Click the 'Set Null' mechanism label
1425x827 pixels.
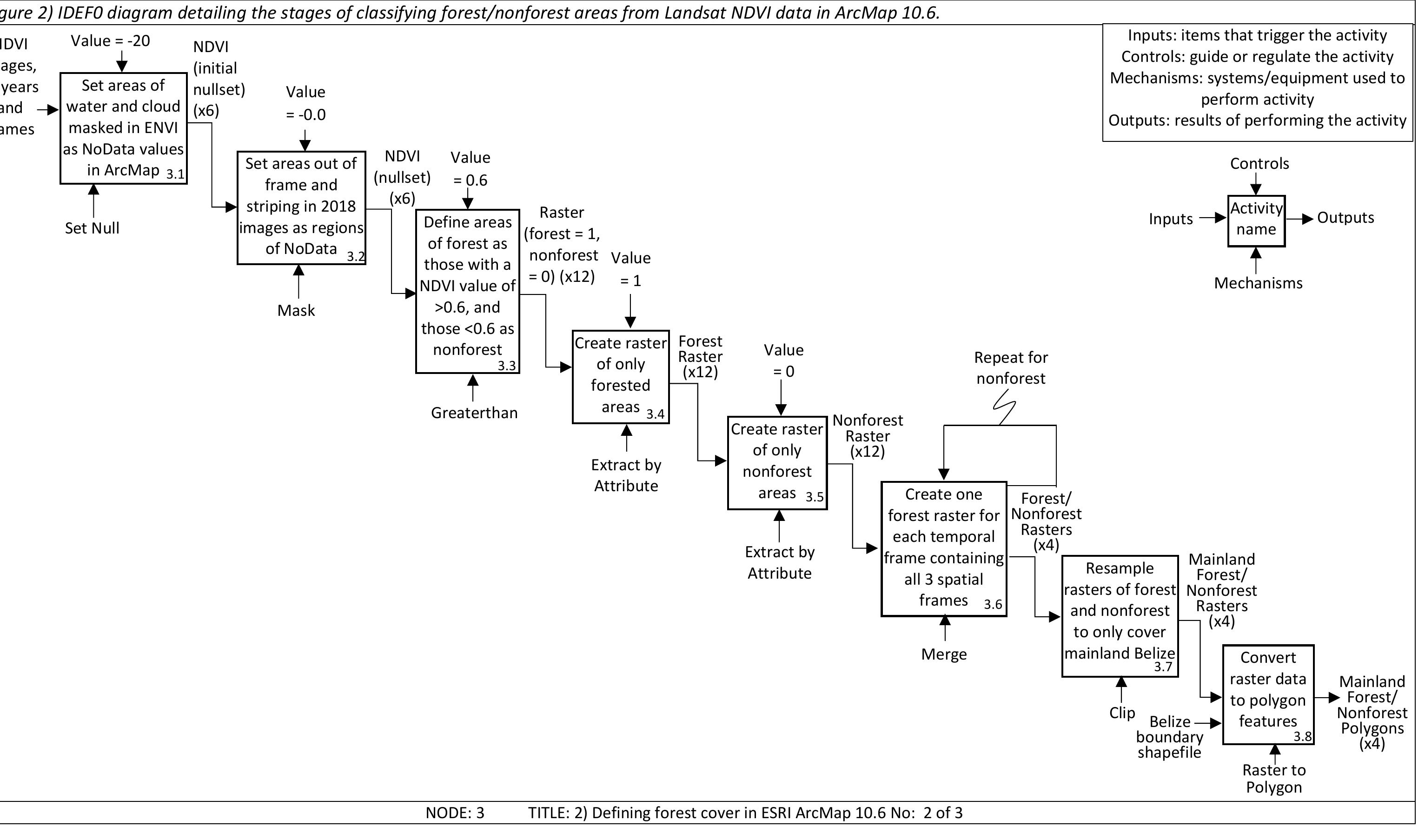pos(92,228)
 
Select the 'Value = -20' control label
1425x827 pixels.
pos(110,41)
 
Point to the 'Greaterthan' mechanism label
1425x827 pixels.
pos(474,413)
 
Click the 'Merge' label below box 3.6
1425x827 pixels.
pos(944,654)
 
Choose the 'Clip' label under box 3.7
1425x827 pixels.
pos(1122,713)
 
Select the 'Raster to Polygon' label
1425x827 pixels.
pos(1274,778)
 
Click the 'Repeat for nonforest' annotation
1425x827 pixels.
pos(1010,367)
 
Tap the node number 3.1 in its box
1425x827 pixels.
pos(175,174)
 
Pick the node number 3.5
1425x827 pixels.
pos(814,497)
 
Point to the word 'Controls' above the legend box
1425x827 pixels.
pos(1259,163)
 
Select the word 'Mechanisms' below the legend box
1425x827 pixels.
pos(1258,283)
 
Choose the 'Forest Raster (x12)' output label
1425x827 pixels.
pos(700,356)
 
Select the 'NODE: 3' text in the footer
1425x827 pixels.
pos(455,813)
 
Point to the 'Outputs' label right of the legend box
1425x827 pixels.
pos(1345,218)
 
